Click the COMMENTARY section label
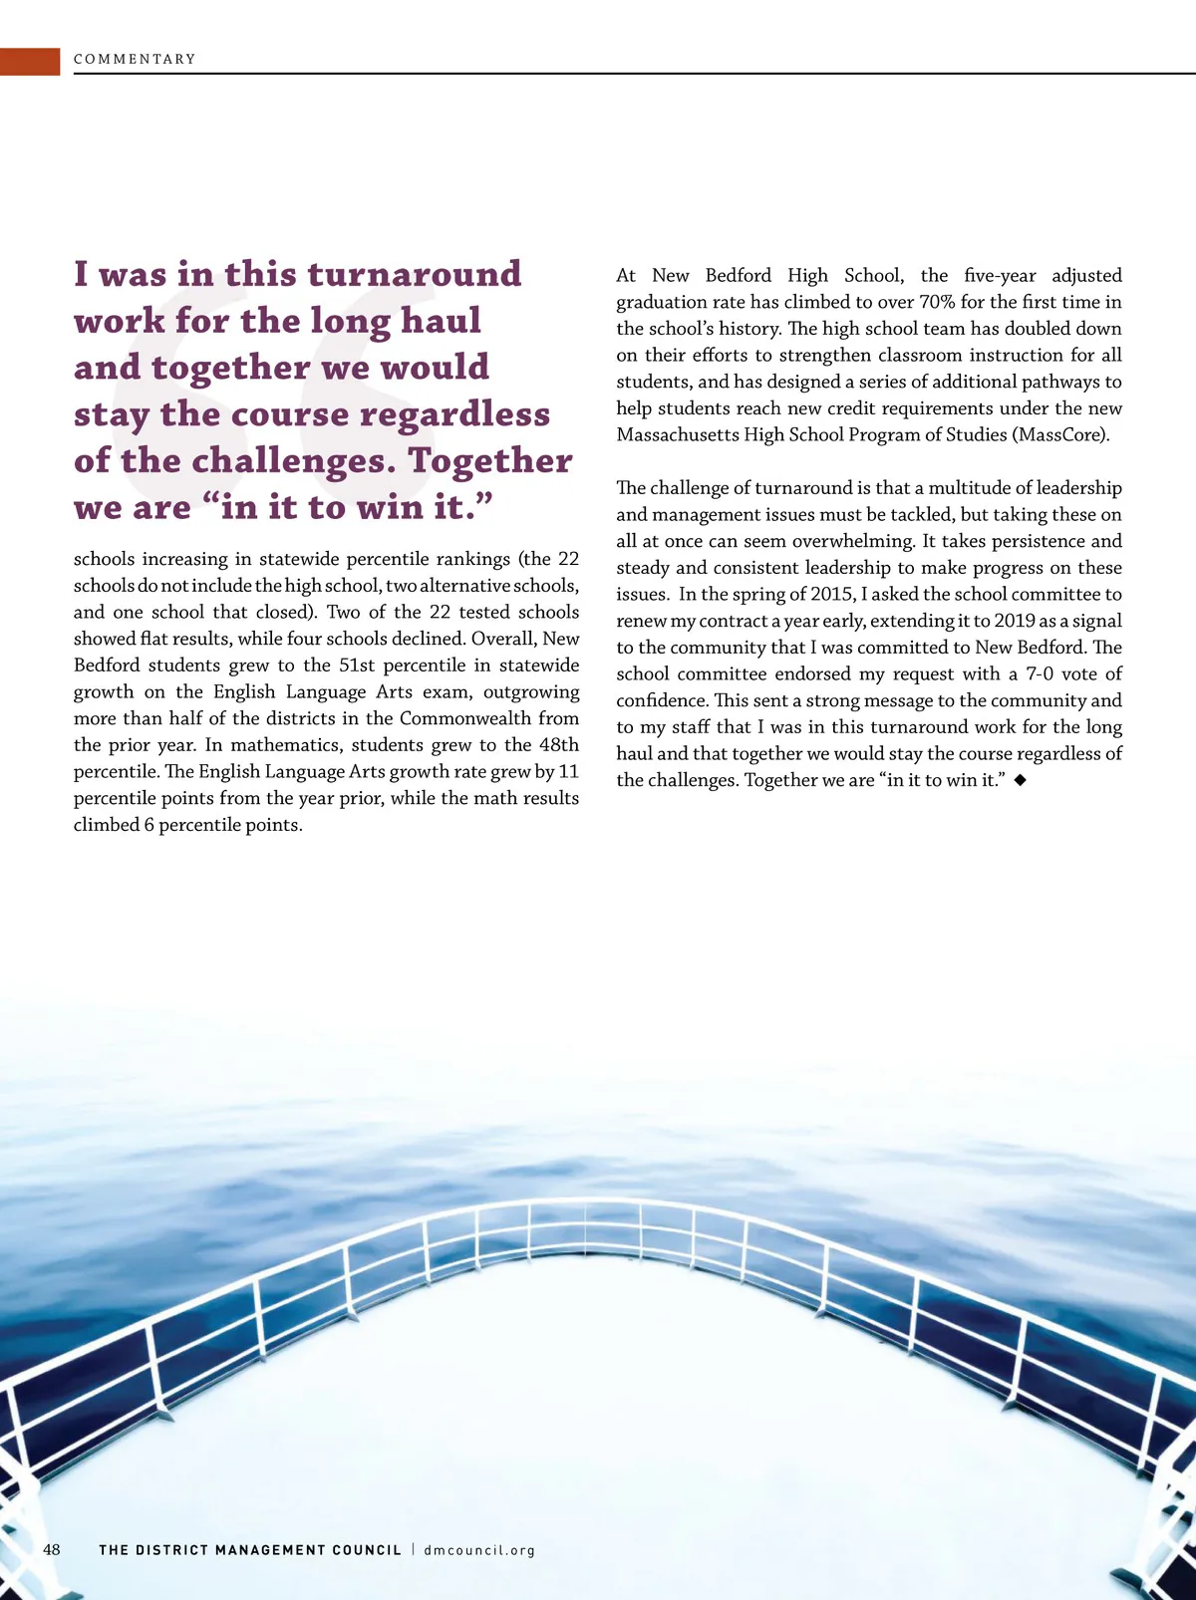135,59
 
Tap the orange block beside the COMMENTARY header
30,61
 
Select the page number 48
52,1549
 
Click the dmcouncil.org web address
479,1550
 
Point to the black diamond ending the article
1021,780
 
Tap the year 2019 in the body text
1015,621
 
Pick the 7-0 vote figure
1040,673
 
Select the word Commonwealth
464,718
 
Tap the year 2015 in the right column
832,594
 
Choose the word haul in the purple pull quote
441,321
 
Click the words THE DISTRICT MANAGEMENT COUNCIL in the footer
250,1550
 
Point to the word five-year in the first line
1000,275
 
